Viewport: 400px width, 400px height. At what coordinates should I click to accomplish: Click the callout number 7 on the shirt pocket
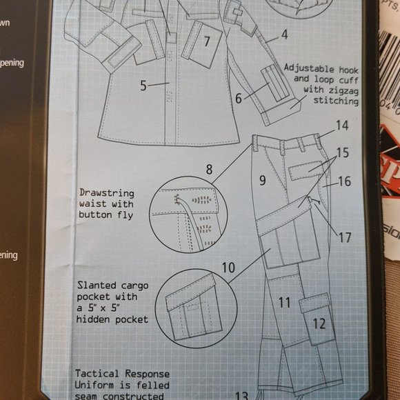[x=206, y=41]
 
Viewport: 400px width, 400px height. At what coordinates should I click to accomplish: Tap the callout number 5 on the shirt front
[x=143, y=86]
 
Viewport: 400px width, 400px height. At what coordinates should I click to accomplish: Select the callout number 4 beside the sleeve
[x=283, y=34]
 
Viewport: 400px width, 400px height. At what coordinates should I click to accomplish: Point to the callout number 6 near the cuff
[x=238, y=99]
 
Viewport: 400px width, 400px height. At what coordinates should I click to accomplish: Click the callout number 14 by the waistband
[x=343, y=126]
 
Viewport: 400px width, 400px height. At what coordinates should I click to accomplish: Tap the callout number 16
[x=344, y=182]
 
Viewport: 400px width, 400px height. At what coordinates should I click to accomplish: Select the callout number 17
[x=344, y=238]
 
